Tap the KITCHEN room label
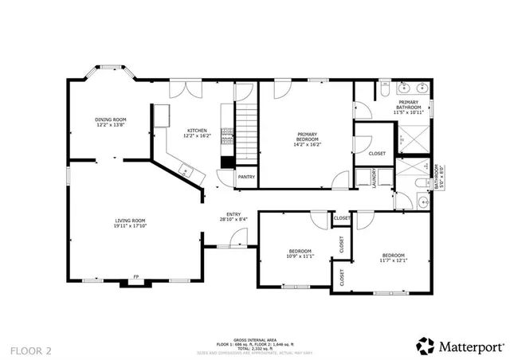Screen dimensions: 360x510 pos(197,131)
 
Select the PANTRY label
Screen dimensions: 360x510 pos(246,177)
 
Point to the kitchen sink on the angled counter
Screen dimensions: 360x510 pos(185,169)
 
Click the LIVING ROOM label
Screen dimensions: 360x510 pos(130,220)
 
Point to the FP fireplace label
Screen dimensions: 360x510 pos(135,276)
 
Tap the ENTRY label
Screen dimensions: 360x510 pos(233,214)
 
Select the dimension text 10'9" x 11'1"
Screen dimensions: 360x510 pos(300,256)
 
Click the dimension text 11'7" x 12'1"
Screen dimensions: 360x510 pos(393,260)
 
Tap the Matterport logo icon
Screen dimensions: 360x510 pos(425,346)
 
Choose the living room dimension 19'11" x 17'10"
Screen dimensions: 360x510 pos(130,225)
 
